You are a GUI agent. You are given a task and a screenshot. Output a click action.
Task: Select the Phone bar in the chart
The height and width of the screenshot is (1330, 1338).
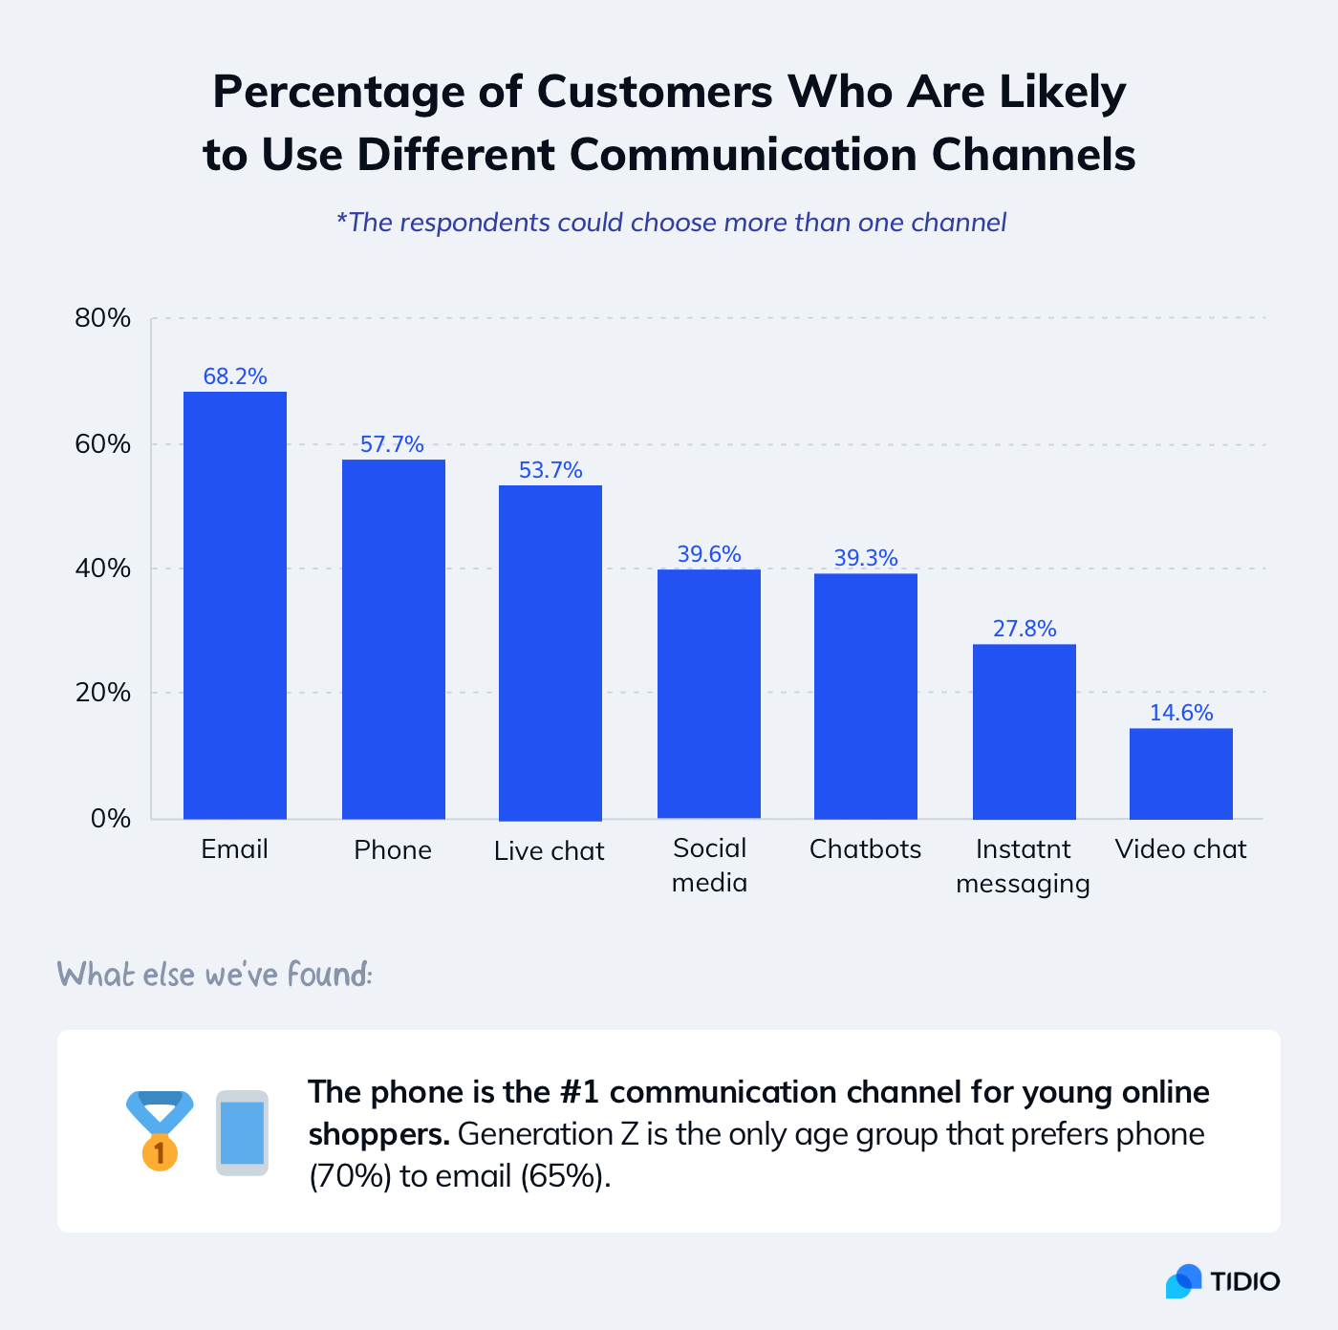[x=393, y=639]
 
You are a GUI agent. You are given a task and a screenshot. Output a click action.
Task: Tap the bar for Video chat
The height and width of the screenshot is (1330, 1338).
[x=1180, y=773]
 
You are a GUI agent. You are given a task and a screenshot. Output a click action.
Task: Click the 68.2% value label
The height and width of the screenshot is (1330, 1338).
[x=234, y=376]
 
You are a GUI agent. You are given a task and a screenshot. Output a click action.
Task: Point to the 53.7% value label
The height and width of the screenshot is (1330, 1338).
[x=550, y=470]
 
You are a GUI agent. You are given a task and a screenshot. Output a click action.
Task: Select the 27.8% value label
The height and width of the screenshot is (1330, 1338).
[x=1024, y=629]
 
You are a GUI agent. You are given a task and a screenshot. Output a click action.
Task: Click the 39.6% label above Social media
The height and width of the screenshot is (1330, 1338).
[x=708, y=554]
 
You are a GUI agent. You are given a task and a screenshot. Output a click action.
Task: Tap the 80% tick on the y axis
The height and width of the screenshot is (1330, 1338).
[x=102, y=318]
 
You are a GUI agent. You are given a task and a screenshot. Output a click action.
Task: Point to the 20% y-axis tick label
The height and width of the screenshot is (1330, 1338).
[x=102, y=693]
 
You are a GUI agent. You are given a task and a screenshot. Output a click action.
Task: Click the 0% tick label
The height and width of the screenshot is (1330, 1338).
[x=110, y=819]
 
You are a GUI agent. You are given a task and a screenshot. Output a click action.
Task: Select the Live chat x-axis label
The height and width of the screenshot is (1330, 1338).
[x=549, y=850]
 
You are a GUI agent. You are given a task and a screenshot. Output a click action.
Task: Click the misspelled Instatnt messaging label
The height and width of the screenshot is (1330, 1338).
[x=1023, y=866]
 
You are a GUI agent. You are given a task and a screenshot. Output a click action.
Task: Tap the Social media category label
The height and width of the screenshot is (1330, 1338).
[x=709, y=865]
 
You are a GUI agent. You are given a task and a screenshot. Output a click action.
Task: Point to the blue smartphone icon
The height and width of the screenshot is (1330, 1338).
[x=242, y=1133]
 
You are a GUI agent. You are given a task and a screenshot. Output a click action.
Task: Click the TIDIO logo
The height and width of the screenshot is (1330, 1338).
[x=1222, y=1281]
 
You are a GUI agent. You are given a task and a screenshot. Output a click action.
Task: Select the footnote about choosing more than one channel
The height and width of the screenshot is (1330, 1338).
[x=671, y=223]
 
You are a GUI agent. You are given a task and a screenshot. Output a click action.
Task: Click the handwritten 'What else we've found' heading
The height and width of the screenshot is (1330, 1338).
[x=214, y=975]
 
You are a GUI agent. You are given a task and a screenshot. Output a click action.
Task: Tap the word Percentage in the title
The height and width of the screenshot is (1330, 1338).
[x=367, y=93]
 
